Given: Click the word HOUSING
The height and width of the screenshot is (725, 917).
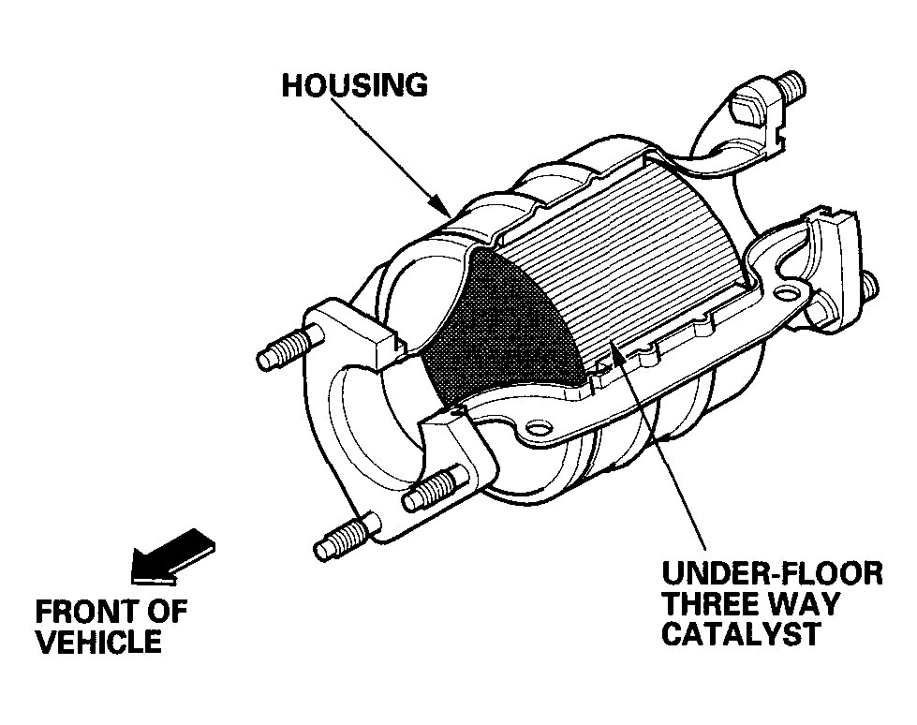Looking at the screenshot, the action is [x=354, y=85].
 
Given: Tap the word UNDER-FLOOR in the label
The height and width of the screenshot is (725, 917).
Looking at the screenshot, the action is [x=772, y=573].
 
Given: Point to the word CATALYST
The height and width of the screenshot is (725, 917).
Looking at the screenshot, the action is [x=741, y=633].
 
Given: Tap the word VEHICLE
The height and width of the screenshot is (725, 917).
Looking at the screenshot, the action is [x=99, y=642].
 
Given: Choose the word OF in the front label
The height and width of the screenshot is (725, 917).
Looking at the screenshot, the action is [x=166, y=612].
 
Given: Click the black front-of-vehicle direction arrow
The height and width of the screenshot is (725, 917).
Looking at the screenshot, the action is [x=172, y=556].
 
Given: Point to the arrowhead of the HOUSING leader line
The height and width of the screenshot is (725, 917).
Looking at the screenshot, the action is [x=440, y=206].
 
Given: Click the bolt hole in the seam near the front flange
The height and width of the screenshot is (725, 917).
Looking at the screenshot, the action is [x=538, y=430].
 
